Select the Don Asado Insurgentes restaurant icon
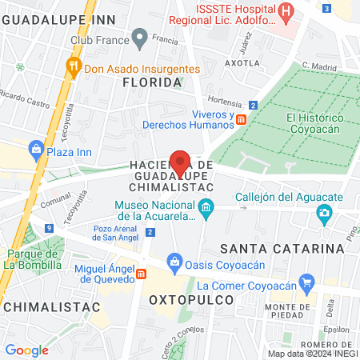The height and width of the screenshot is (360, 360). click(x=74, y=67)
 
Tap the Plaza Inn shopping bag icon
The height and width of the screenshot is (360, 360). click(x=35, y=148)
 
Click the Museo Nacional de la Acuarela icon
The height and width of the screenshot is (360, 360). click(x=206, y=209)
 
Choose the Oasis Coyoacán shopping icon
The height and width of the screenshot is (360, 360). click(x=174, y=260)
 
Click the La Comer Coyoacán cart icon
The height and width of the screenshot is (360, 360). click(x=305, y=283)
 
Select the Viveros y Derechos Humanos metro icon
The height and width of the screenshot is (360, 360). click(x=240, y=118)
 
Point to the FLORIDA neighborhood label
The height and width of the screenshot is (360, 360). click(x=152, y=82)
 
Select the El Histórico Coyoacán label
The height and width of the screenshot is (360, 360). click(x=314, y=124)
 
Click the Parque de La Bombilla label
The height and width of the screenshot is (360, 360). click(x=34, y=259)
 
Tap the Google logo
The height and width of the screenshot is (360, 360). click(x=26, y=350)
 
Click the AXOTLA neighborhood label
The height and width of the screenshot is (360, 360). click(x=243, y=62)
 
